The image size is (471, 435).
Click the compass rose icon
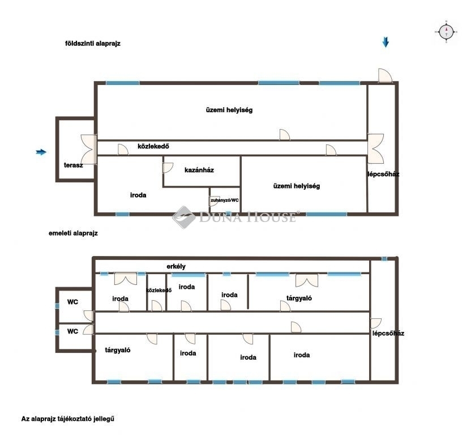[x=446, y=32]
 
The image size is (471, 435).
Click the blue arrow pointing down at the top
[x=386, y=42]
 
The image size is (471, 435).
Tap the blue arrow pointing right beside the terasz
[x=41, y=152]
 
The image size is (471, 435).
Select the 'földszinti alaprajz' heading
[x=93, y=43]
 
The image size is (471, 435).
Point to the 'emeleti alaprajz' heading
[x=73, y=233]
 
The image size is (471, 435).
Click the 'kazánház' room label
[x=199, y=170]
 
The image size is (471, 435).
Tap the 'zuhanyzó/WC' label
[x=225, y=200]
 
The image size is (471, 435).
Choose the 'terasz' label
[x=73, y=165]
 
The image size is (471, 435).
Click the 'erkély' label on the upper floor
[x=176, y=266]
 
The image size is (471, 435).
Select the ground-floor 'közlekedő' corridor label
[x=153, y=146]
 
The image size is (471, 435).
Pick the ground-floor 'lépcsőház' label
[x=383, y=174]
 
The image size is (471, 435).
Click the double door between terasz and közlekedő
[x=89, y=149]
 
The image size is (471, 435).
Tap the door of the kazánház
[x=168, y=168]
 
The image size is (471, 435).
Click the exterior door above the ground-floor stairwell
[x=385, y=75]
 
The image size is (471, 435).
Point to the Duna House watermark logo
[x=235, y=217]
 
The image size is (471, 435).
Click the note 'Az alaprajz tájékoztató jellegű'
[x=67, y=419]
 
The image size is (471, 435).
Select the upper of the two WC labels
[x=72, y=302]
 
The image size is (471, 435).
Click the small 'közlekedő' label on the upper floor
[x=159, y=290]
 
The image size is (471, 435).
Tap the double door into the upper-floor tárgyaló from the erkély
[x=307, y=280]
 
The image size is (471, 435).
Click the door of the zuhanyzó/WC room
[x=215, y=201]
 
